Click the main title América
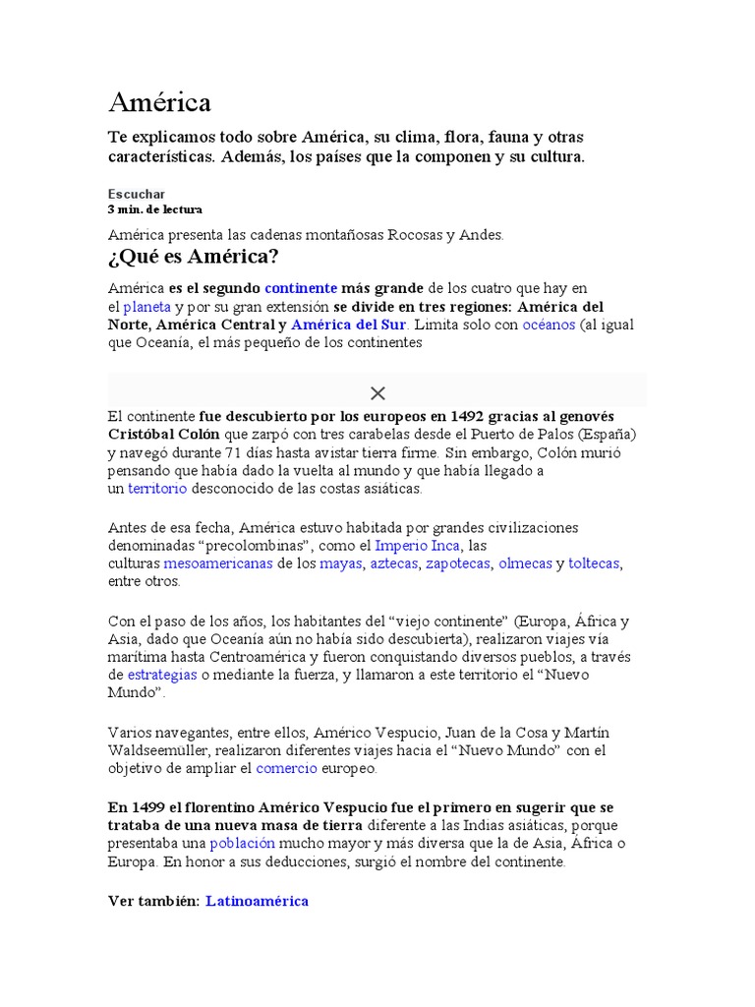[159, 102]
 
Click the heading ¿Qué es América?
[193, 258]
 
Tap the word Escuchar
[136, 194]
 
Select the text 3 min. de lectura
[154, 209]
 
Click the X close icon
[377, 393]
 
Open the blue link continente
[300, 288]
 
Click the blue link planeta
[146, 307]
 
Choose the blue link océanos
[549, 325]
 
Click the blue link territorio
[157, 489]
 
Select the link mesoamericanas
[218, 563]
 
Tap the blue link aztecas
[393, 563]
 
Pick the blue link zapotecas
[459, 563]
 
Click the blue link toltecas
[594, 563]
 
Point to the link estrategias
[163, 676]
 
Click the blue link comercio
[286, 769]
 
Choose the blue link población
[243, 844]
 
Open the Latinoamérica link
[258, 901]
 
